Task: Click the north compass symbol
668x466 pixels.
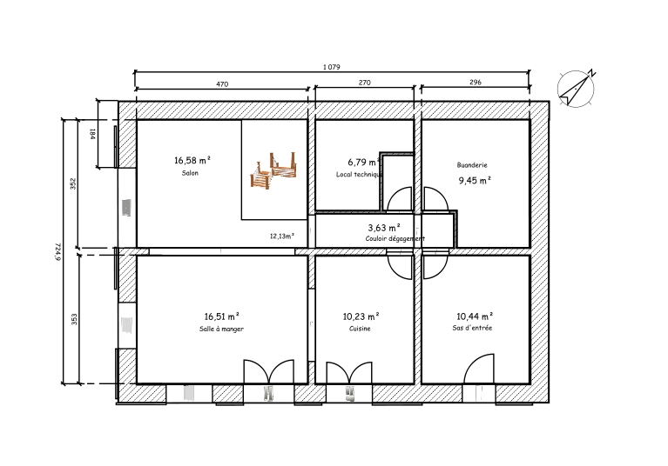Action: pyautogui.click(x=576, y=89)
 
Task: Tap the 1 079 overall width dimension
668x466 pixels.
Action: pyautogui.click(x=332, y=67)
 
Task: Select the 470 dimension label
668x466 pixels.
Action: pyautogui.click(x=222, y=83)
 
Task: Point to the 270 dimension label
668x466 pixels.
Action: pyautogui.click(x=365, y=83)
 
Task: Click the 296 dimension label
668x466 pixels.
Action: pyautogui.click(x=476, y=82)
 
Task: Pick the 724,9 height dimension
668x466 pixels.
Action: pyautogui.click(x=58, y=251)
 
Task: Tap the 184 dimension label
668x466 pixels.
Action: pyautogui.click(x=92, y=134)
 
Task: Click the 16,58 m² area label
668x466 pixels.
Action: pyautogui.click(x=192, y=160)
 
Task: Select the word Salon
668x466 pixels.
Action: pyautogui.click(x=190, y=173)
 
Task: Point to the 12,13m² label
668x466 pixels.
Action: pyautogui.click(x=282, y=236)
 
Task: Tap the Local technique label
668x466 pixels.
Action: pyautogui.click(x=359, y=175)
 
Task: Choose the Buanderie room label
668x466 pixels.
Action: pyautogui.click(x=472, y=165)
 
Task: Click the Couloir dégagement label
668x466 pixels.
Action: pyautogui.click(x=395, y=239)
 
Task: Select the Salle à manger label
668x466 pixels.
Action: pyautogui.click(x=221, y=329)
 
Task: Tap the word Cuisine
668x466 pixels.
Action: pyautogui.click(x=360, y=329)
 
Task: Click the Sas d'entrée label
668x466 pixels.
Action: pyautogui.click(x=472, y=328)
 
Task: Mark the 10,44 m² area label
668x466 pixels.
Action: pyautogui.click(x=475, y=316)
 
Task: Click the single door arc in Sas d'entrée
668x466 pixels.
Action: pyautogui.click(x=474, y=362)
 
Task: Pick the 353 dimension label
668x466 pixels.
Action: pyautogui.click(x=74, y=319)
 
